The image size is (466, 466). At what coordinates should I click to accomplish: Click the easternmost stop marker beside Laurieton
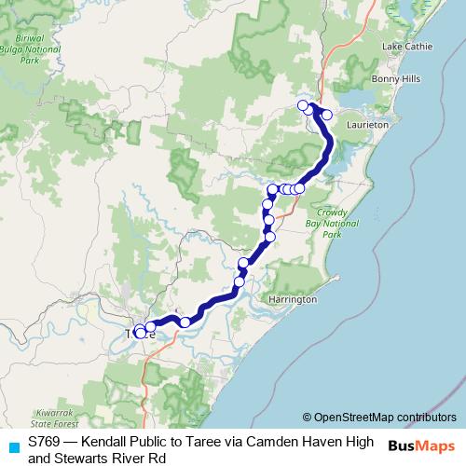[327, 115]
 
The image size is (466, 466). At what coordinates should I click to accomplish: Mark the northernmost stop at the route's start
[302, 104]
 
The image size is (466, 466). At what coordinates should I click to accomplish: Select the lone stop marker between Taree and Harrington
[185, 322]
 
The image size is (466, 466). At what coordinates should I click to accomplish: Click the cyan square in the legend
[12, 446]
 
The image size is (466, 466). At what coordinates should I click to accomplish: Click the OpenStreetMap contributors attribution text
[379, 418]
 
